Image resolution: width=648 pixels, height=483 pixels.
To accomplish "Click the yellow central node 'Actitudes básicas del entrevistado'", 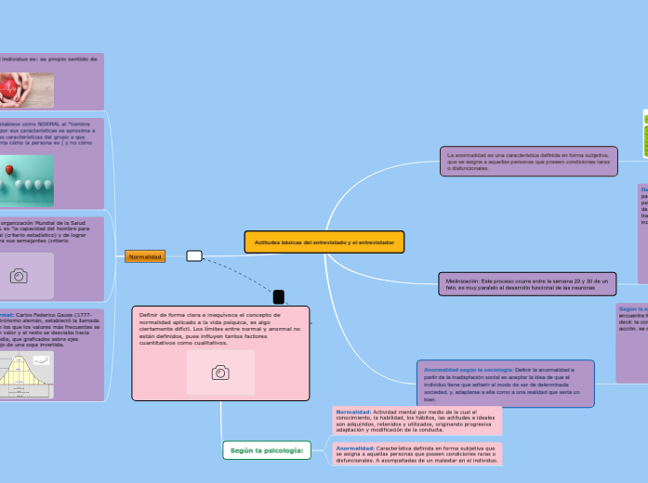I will pos(323,242).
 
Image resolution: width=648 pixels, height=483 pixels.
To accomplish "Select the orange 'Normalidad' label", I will pos(145,256).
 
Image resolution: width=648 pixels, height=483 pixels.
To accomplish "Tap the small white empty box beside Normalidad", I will pos(194,256).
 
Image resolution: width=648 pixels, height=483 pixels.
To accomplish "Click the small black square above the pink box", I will pos(278,296).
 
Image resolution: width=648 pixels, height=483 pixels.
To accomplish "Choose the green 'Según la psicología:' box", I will pos(266,450).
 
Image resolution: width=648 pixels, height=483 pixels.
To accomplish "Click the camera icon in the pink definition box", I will pos(220,372).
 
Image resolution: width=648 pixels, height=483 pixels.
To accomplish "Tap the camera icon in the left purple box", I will pos(19,276).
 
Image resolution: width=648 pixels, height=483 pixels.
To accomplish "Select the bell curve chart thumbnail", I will pos(26,374).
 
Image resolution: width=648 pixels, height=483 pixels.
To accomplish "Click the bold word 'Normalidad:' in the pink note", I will pos(353,411).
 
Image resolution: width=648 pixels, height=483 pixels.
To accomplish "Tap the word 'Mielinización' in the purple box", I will pos(462,279).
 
